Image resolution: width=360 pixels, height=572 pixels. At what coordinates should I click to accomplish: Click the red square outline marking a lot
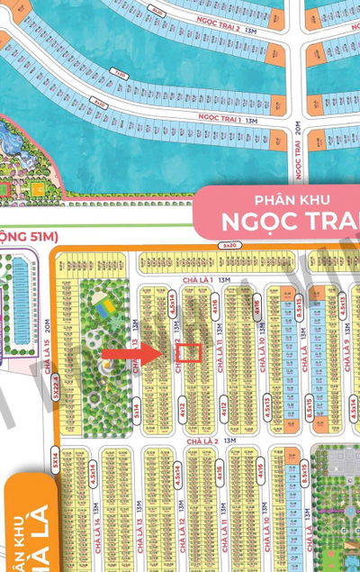187,352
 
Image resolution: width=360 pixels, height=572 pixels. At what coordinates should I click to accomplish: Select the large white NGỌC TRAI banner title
292,221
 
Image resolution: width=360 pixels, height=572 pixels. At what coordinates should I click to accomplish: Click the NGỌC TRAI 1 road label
220,119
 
